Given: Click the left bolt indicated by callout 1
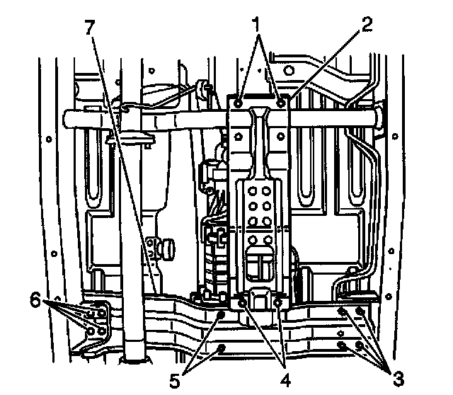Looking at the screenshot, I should pyautogui.click(x=241, y=103).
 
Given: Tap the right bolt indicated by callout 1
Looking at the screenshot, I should pyautogui.click(x=282, y=103).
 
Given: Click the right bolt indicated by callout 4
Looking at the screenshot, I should pyautogui.click(x=277, y=303).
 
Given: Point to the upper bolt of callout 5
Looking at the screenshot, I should pyautogui.click(x=222, y=314).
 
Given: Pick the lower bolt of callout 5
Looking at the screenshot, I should pyautogui.click(x=222, y=348).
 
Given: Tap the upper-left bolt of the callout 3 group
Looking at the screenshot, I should pyautogui.click(x=343, y=311).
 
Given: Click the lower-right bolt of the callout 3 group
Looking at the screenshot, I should pyautogui.click(x=360, y=345).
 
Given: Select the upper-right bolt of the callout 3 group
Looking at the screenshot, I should pyautogui.click(x=360, y=311).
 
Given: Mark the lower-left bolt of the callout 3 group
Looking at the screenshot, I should pyautogui.click(x=343, y=345).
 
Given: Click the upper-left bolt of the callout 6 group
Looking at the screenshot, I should pyautogui.click(x=89, y=309).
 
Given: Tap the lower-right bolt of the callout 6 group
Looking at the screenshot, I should pyautogui.click(x=103, y=331).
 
